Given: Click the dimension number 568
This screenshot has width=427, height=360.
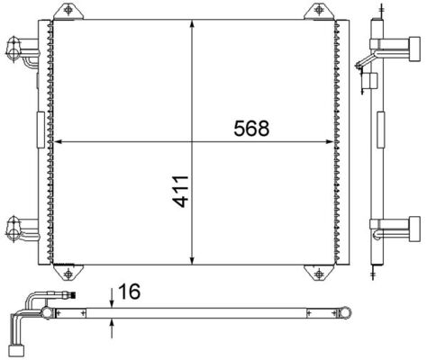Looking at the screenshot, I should pyautogui.click(x=252, y=129).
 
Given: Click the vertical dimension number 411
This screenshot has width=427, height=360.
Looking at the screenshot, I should pyautogui.click(x=182, y=192).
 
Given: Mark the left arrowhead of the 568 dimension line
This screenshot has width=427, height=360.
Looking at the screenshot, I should pyautogui.click(x=59, y=141).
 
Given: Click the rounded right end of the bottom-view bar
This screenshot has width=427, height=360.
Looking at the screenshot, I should pyautogui.click(x=345, y=313).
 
